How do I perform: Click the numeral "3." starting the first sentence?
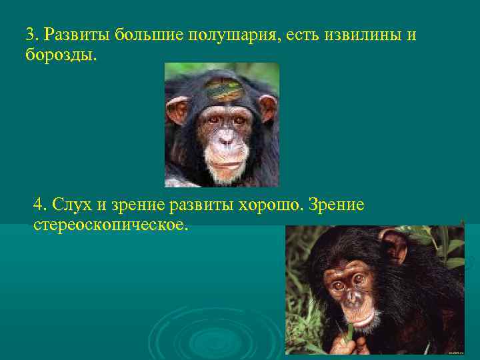point(33,35)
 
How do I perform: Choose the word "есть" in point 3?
point(304,35)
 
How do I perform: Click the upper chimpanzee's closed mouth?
point(225,161)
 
